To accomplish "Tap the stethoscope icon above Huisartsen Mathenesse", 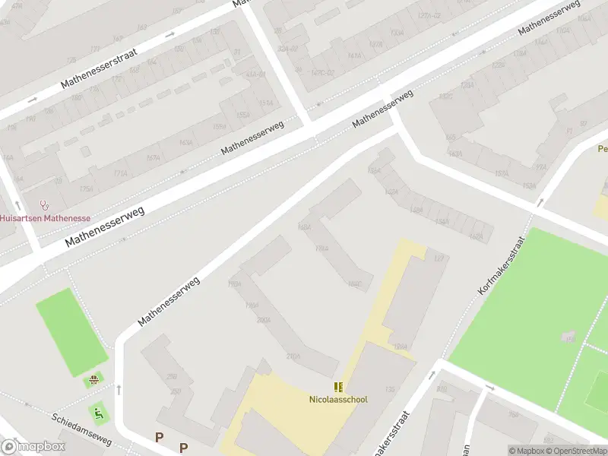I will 44,205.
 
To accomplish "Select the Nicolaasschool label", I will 338,399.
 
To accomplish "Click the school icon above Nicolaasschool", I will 338,387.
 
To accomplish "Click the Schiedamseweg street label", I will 81,430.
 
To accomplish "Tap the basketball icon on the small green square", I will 94,379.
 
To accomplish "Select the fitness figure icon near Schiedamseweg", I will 98,413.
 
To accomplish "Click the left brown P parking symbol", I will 159,437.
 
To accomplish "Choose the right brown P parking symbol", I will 183,448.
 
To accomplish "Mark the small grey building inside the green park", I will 568,336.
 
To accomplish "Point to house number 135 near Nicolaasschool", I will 390,389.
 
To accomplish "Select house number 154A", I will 440,222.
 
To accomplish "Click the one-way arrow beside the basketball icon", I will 119,390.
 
